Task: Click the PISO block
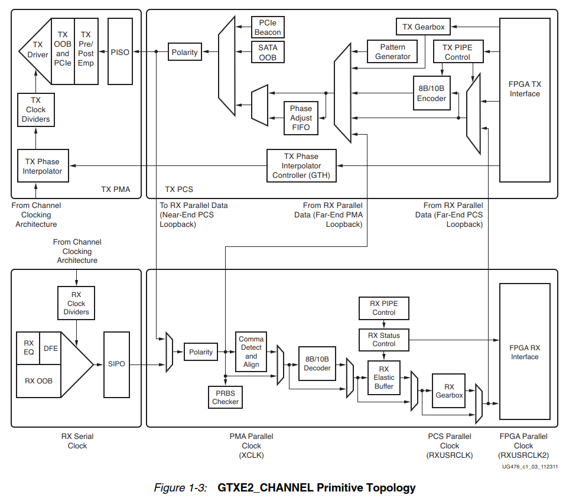pos(120,52)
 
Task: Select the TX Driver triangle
pos(37,50)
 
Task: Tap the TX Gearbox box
pos(423,27)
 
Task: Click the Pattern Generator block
pos(393,52)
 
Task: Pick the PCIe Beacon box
pos(268,27)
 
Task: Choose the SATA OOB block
pos(268,52)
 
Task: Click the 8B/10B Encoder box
pos(431,93)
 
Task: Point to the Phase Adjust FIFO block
pos(301,118)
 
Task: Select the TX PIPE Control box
pos(457,52)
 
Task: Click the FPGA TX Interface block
pos(525,89)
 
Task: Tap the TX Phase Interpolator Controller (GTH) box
pos(301,166)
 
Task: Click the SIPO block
pos(117,364)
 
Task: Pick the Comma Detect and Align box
pos(251,352)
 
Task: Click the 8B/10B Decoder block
pos(317,363)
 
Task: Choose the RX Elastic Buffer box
pos(384,377)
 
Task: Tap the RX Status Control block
pos(384,340)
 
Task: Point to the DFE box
pos(51,348)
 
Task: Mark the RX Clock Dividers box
pos(76,303)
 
